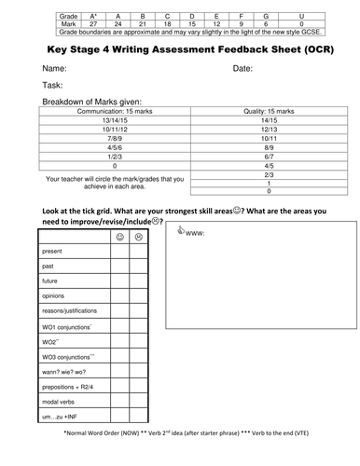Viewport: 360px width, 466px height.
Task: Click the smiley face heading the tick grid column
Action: pos(121,237)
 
